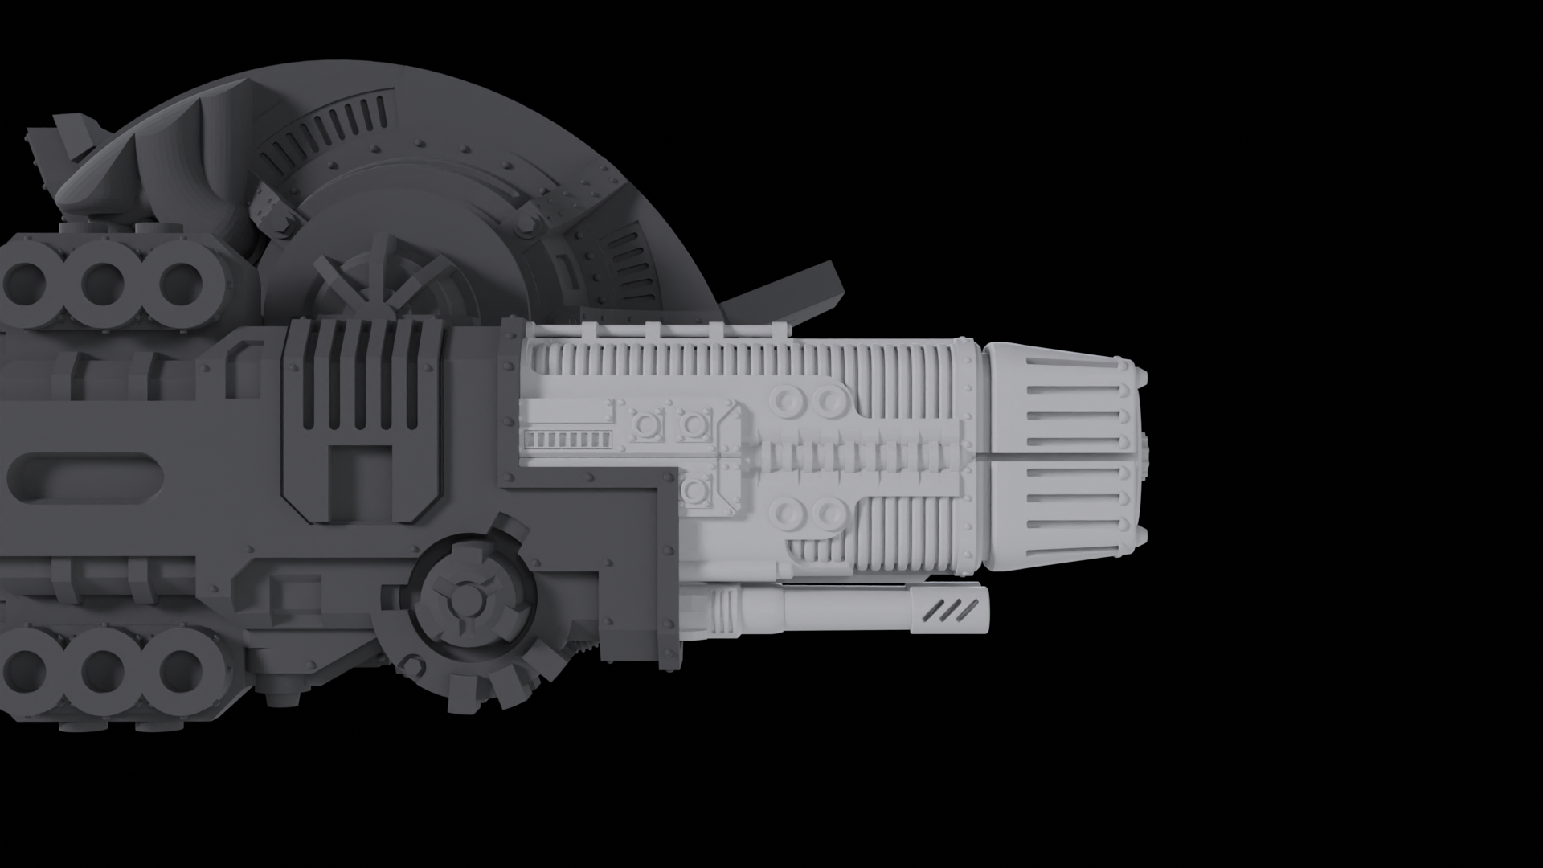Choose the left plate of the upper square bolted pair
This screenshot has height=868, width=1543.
(646, 423)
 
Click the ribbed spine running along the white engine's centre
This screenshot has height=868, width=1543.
(860, 457)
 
